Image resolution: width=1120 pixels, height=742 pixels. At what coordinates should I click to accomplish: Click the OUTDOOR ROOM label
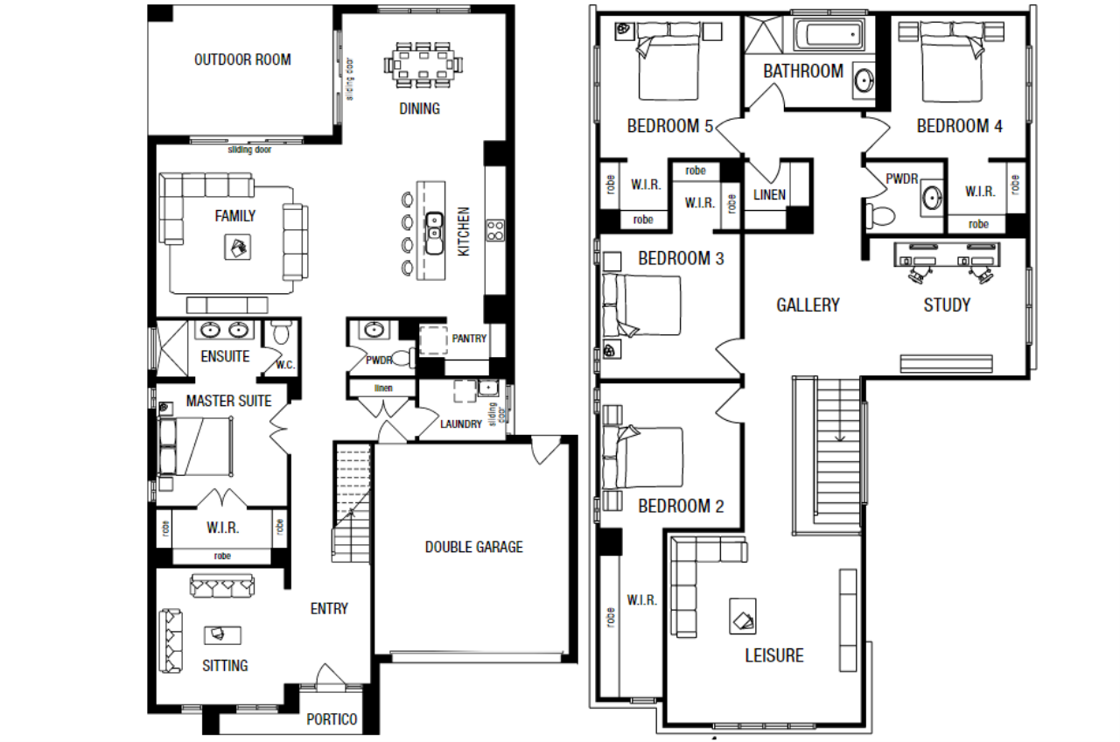(242, 60)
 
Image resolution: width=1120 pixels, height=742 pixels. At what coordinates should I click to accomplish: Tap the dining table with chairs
(423, 66)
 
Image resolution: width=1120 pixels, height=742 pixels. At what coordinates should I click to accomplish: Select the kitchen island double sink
(434, 233)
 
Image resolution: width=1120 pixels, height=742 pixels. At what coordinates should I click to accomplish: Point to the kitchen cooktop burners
(495, 230)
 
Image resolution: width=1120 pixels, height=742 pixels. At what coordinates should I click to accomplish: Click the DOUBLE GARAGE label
(473, 547)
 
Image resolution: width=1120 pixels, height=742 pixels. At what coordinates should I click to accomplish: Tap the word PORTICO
(332, 719)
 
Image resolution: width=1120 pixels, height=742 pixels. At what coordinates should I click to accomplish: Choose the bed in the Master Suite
(196, 446)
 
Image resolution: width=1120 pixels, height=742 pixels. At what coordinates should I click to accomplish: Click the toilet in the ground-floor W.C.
(282, 332)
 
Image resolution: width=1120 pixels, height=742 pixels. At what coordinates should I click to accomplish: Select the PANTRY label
(469, 339)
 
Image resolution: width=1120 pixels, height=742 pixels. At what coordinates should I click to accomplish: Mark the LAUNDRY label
(460, 424)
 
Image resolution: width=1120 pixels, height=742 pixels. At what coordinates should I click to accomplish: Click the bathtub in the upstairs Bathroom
(829, 35)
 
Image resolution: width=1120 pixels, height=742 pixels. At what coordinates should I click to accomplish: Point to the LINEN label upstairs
(769, 194)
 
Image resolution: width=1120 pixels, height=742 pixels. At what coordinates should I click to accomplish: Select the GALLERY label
(808, 305)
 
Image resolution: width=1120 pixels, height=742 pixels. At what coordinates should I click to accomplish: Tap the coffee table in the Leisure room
(743, 617)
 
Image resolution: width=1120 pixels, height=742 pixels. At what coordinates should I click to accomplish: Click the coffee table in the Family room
(237, 247)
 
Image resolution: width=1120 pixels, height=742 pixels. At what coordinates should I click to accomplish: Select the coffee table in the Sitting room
(222, 635)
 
